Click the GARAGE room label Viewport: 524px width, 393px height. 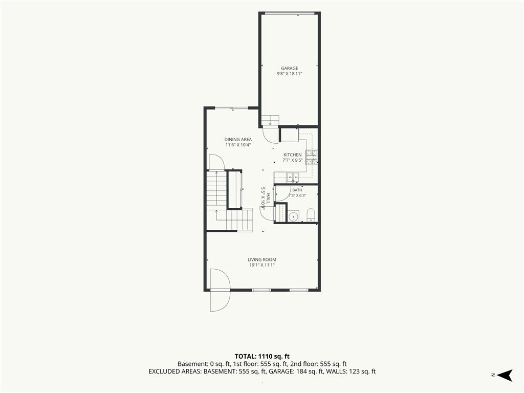290,68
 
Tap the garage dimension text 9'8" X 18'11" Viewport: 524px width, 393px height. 290,74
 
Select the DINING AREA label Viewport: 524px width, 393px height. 238,139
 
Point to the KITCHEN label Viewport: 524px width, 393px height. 292,155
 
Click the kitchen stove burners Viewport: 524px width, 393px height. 312,158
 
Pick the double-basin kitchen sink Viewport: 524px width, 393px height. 293,177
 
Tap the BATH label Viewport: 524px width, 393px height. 297,190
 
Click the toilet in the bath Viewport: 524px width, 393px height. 311,215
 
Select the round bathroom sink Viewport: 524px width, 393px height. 293,216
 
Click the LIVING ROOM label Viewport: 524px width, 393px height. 262,259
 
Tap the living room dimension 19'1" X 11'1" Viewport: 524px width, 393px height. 262,265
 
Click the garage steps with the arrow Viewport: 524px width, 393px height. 270,120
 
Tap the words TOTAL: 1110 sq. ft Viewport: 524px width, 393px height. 262,356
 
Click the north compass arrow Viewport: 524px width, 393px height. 505,375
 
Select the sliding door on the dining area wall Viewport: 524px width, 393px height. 231,108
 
